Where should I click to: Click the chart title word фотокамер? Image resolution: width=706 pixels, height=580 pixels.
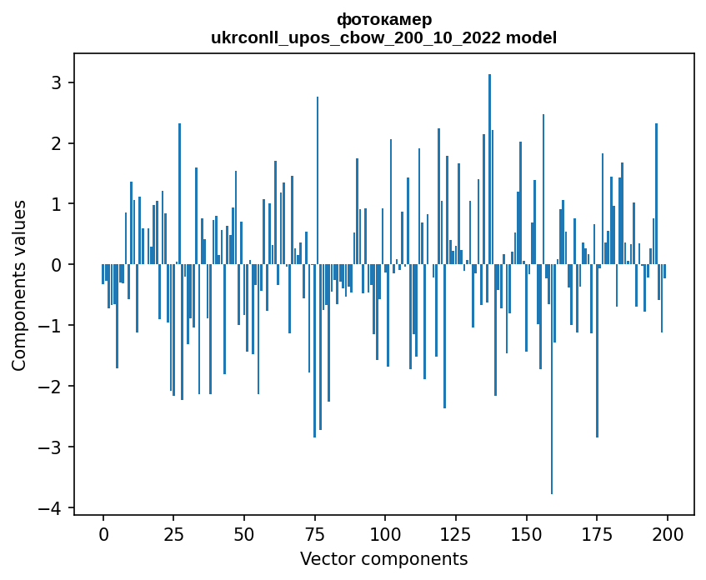384,19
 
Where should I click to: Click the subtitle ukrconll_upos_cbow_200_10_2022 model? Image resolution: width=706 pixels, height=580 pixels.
384,37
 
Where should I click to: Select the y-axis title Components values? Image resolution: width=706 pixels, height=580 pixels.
18,285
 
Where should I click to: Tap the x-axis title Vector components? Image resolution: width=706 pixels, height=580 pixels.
384,558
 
